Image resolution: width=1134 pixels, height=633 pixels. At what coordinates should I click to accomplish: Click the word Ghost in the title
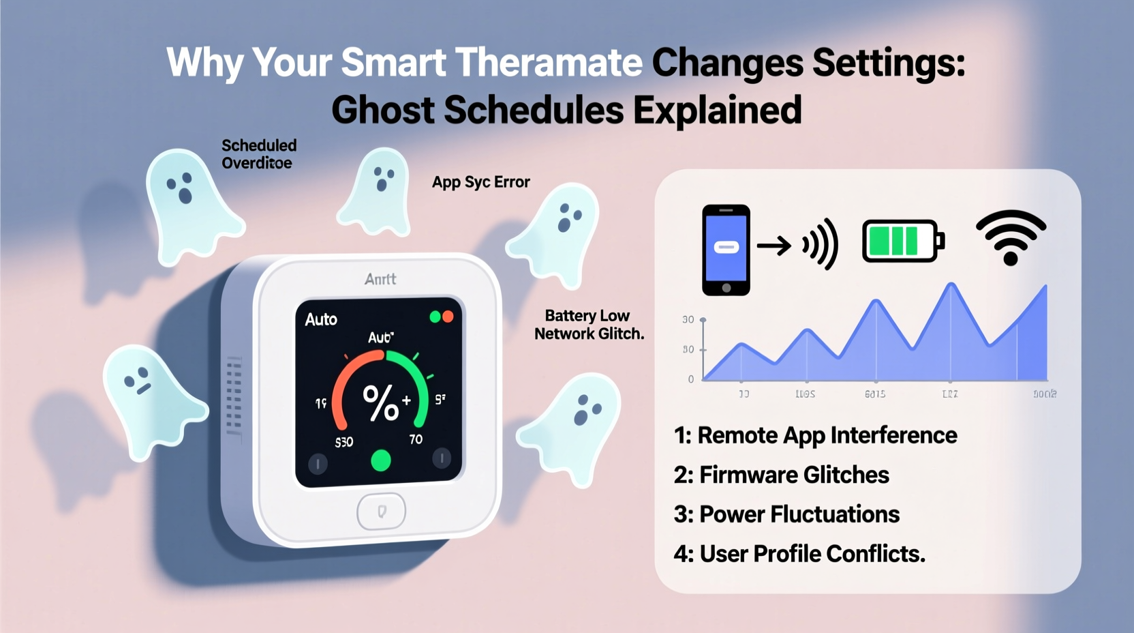[382, 111]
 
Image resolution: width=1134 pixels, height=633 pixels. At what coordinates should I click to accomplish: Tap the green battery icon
[902, 241]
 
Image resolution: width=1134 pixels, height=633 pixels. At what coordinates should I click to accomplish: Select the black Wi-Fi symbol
[1011, 237]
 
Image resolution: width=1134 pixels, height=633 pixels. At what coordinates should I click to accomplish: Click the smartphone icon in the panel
[726, 250]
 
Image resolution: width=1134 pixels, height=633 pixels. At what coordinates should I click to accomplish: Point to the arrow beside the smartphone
[773, 245]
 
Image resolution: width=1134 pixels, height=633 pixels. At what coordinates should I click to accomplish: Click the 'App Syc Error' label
[480, 182]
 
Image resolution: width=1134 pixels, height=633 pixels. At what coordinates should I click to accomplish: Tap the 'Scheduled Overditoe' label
[259, 154]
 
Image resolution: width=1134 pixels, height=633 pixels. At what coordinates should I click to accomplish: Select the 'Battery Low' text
[587, 316]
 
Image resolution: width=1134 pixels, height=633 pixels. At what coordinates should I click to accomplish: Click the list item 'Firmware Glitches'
[781, 475]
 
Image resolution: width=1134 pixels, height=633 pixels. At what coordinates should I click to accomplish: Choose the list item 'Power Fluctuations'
[786, 514]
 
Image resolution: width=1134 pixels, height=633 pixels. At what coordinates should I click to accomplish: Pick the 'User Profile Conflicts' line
[799, 554]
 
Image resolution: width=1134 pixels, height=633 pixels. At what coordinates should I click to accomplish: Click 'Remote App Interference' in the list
[815, 435]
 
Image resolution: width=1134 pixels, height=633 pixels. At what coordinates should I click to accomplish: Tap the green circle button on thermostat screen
[380, 461]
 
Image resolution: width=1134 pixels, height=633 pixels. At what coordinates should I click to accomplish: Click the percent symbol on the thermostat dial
[380, 402]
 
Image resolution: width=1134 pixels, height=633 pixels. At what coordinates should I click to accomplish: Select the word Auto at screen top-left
[321, 319]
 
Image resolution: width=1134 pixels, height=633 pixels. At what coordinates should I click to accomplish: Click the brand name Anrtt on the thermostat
[380, 279]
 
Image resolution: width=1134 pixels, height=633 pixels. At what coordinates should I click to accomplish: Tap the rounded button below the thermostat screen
[382, 511]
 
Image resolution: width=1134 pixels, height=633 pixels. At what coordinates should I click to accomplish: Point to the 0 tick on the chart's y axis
[691, 379]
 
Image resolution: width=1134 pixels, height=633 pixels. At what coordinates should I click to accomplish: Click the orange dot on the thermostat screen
[448, 316]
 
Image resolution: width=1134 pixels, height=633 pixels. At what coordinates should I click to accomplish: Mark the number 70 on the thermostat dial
[416, 440]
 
